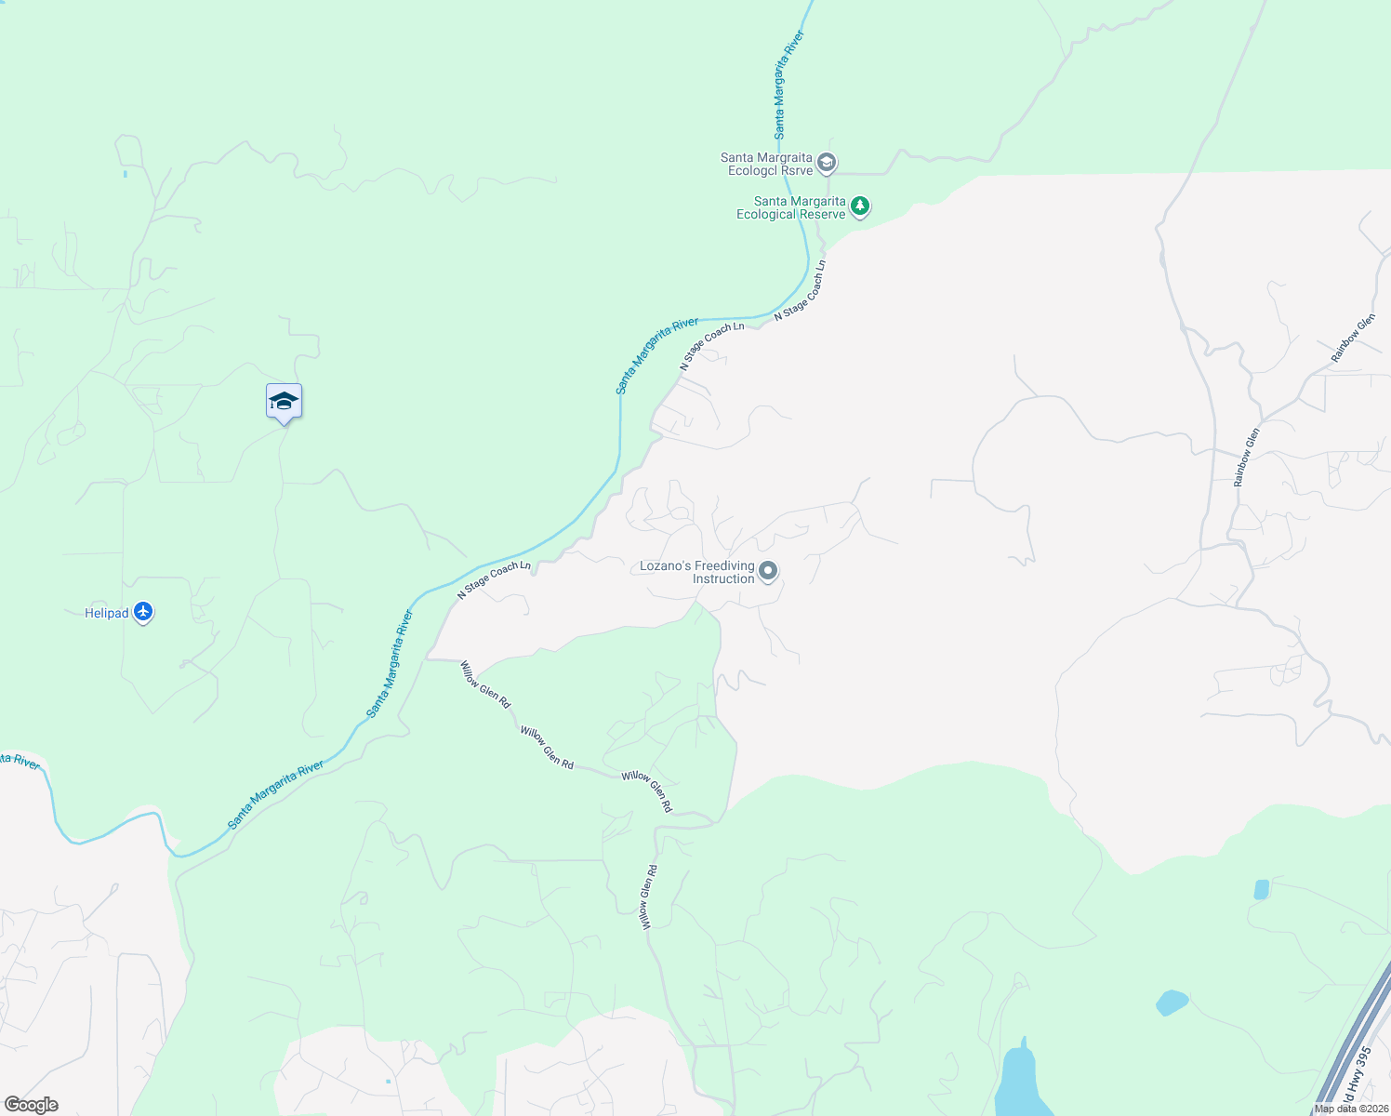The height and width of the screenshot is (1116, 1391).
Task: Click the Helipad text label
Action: pos(107,614)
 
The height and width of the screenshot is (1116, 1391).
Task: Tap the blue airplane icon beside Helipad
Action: pos(143,612)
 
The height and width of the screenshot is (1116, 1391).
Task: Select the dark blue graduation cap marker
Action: pos(284,402)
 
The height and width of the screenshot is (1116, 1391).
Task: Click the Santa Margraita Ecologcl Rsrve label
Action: pos(766,165)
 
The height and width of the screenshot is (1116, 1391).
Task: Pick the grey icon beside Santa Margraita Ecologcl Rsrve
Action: pos(827,164)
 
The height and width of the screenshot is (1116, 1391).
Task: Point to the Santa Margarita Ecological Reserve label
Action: pos(791,208)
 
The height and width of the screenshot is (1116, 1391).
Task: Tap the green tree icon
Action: pos(860,206)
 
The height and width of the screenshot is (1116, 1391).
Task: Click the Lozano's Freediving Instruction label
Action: pos(697,573)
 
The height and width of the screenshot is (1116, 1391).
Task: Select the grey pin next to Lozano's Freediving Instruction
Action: pos(768,571)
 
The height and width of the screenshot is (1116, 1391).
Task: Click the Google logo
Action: pos(31,1105)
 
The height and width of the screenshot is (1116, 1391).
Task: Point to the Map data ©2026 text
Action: pos(1351,1109)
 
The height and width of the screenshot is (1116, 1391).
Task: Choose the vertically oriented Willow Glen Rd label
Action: pos(649,897)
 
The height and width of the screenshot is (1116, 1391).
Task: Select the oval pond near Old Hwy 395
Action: pos(1172,1003)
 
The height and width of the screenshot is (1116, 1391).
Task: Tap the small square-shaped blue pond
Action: pos(1262,889)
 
